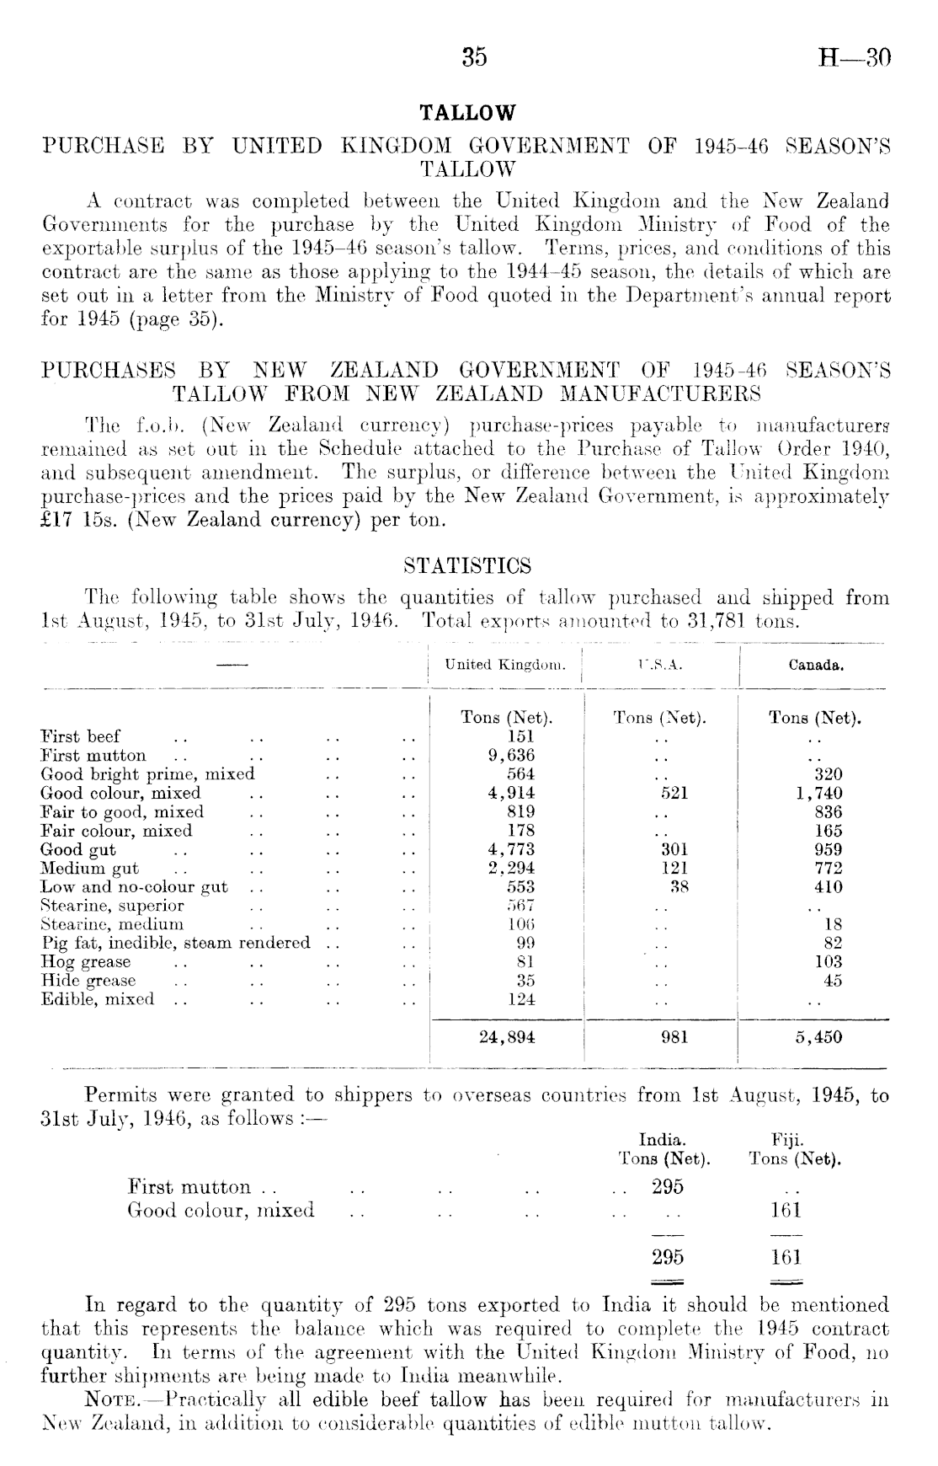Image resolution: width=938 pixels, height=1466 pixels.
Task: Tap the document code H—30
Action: pos(854,56)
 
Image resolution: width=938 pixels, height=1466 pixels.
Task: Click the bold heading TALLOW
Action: pos(467,113)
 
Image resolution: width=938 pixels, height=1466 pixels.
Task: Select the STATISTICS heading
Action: pos(467,564)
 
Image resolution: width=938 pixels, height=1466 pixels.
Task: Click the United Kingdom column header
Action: pos(505,665)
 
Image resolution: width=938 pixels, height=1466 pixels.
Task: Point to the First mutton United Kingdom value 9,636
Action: pos(512,756)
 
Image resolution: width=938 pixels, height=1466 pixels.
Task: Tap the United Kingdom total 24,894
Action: pos(507,1037)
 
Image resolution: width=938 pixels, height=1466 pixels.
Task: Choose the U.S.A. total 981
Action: pos(674,1037)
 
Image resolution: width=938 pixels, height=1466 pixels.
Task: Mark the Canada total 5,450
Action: pos(818,1037)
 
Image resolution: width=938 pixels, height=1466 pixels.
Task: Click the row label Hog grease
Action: pos(86,962)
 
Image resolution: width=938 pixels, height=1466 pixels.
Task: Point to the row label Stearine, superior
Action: pos(112,907)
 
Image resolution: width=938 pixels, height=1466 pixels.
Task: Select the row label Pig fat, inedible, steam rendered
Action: pos(175,944)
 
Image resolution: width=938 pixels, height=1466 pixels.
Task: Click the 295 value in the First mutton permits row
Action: pos(668,1187)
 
